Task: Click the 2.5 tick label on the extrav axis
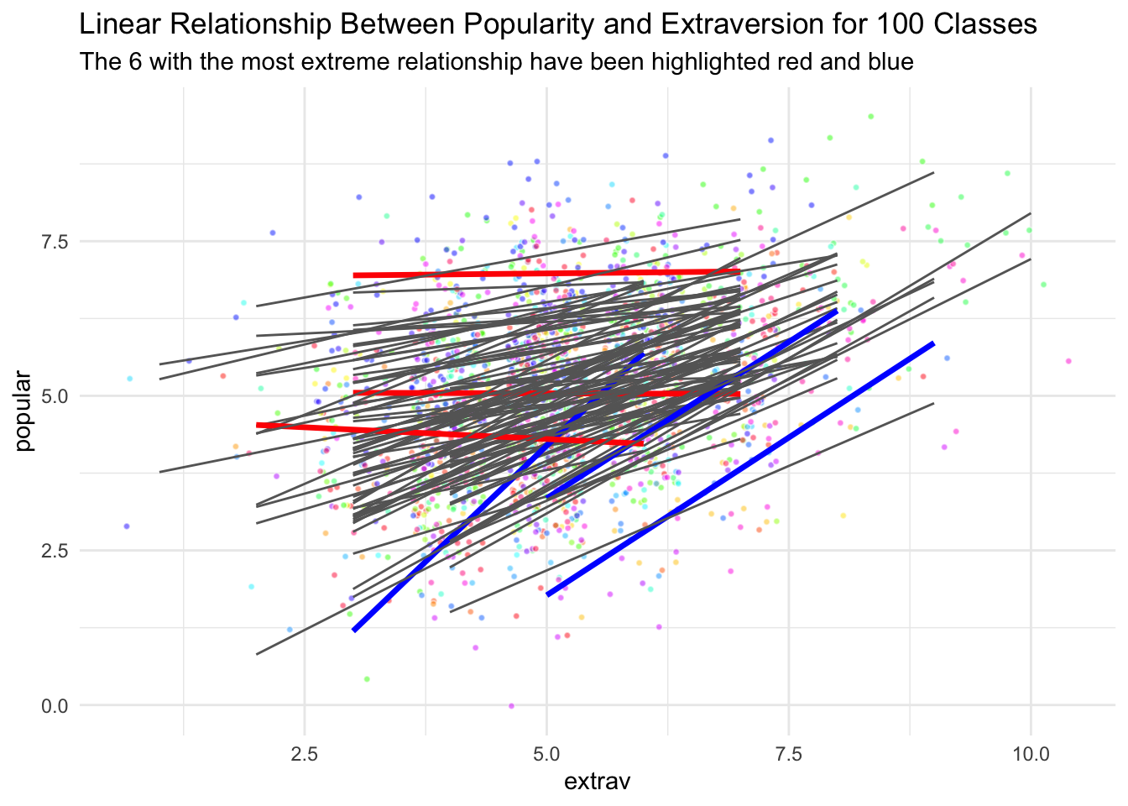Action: point(304,754)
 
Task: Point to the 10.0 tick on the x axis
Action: point(1031,754)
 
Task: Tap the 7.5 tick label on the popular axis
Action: point(55,242)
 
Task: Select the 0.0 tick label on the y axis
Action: point(55,706)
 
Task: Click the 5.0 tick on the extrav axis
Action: point(546,754)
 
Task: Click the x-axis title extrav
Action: point(598,782)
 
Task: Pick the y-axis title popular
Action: point(23,411)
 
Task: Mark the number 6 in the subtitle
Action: point(135,62)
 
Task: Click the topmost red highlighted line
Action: point(546,274)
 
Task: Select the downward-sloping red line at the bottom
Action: point(450,434)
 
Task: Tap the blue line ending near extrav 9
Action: point(740,469)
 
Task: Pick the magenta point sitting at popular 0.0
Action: point(511,706)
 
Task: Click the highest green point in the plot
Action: point(870,117)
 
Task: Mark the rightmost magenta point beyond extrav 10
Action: point(1068,361)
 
